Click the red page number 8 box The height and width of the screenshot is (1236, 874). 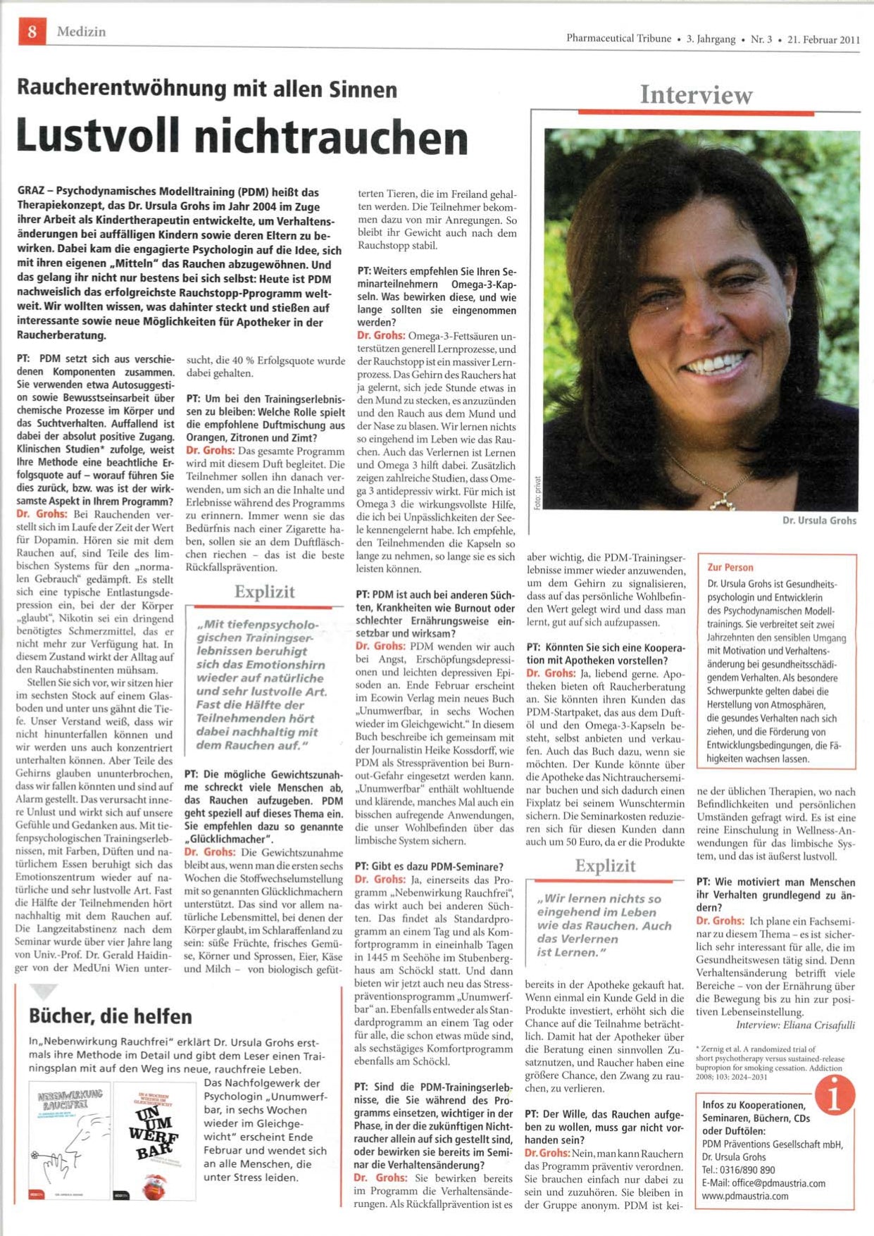point(32,32)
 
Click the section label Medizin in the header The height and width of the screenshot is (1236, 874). point(82,32)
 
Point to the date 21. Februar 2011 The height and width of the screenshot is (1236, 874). point(823,39)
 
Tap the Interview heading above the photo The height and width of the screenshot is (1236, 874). point(696,95)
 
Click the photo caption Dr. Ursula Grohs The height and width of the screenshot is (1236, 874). point(819,520)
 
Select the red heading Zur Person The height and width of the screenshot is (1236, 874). point(730,568)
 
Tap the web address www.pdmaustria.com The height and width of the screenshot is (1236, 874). point(745,1196)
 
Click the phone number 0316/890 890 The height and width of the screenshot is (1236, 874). point(747,1170)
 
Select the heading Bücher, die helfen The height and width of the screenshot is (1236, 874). point(111,1016)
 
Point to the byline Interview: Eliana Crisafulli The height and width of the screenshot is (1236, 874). point(795,1025)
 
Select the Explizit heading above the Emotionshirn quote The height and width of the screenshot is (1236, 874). point(264,592)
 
